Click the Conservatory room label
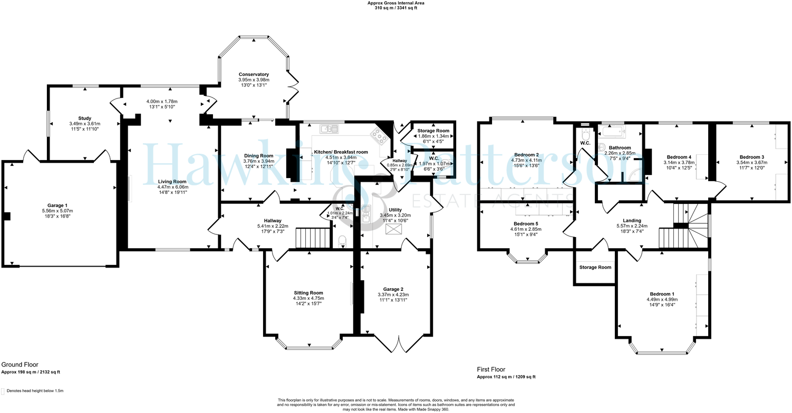[x=254, y=75]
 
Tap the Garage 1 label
[x=57, y=205]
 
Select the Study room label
[x=85, y=119]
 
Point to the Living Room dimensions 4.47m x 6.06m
[x=173, y=187]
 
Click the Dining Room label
[x=259, y=156]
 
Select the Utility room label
[x=395, y=210]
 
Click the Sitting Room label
[x=308, y=293]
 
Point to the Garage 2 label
[x=393, y=289]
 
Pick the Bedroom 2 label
[x=526, y=155]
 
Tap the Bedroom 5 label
[x=526, y=224]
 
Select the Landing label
[x=632, y=221]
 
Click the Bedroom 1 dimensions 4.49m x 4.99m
[x=662, y=299]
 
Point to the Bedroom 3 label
[x=752, y=157]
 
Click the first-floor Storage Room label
[x=595, y=268]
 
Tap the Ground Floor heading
[x=20, y=365]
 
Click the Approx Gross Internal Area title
[x=395, y=3]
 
